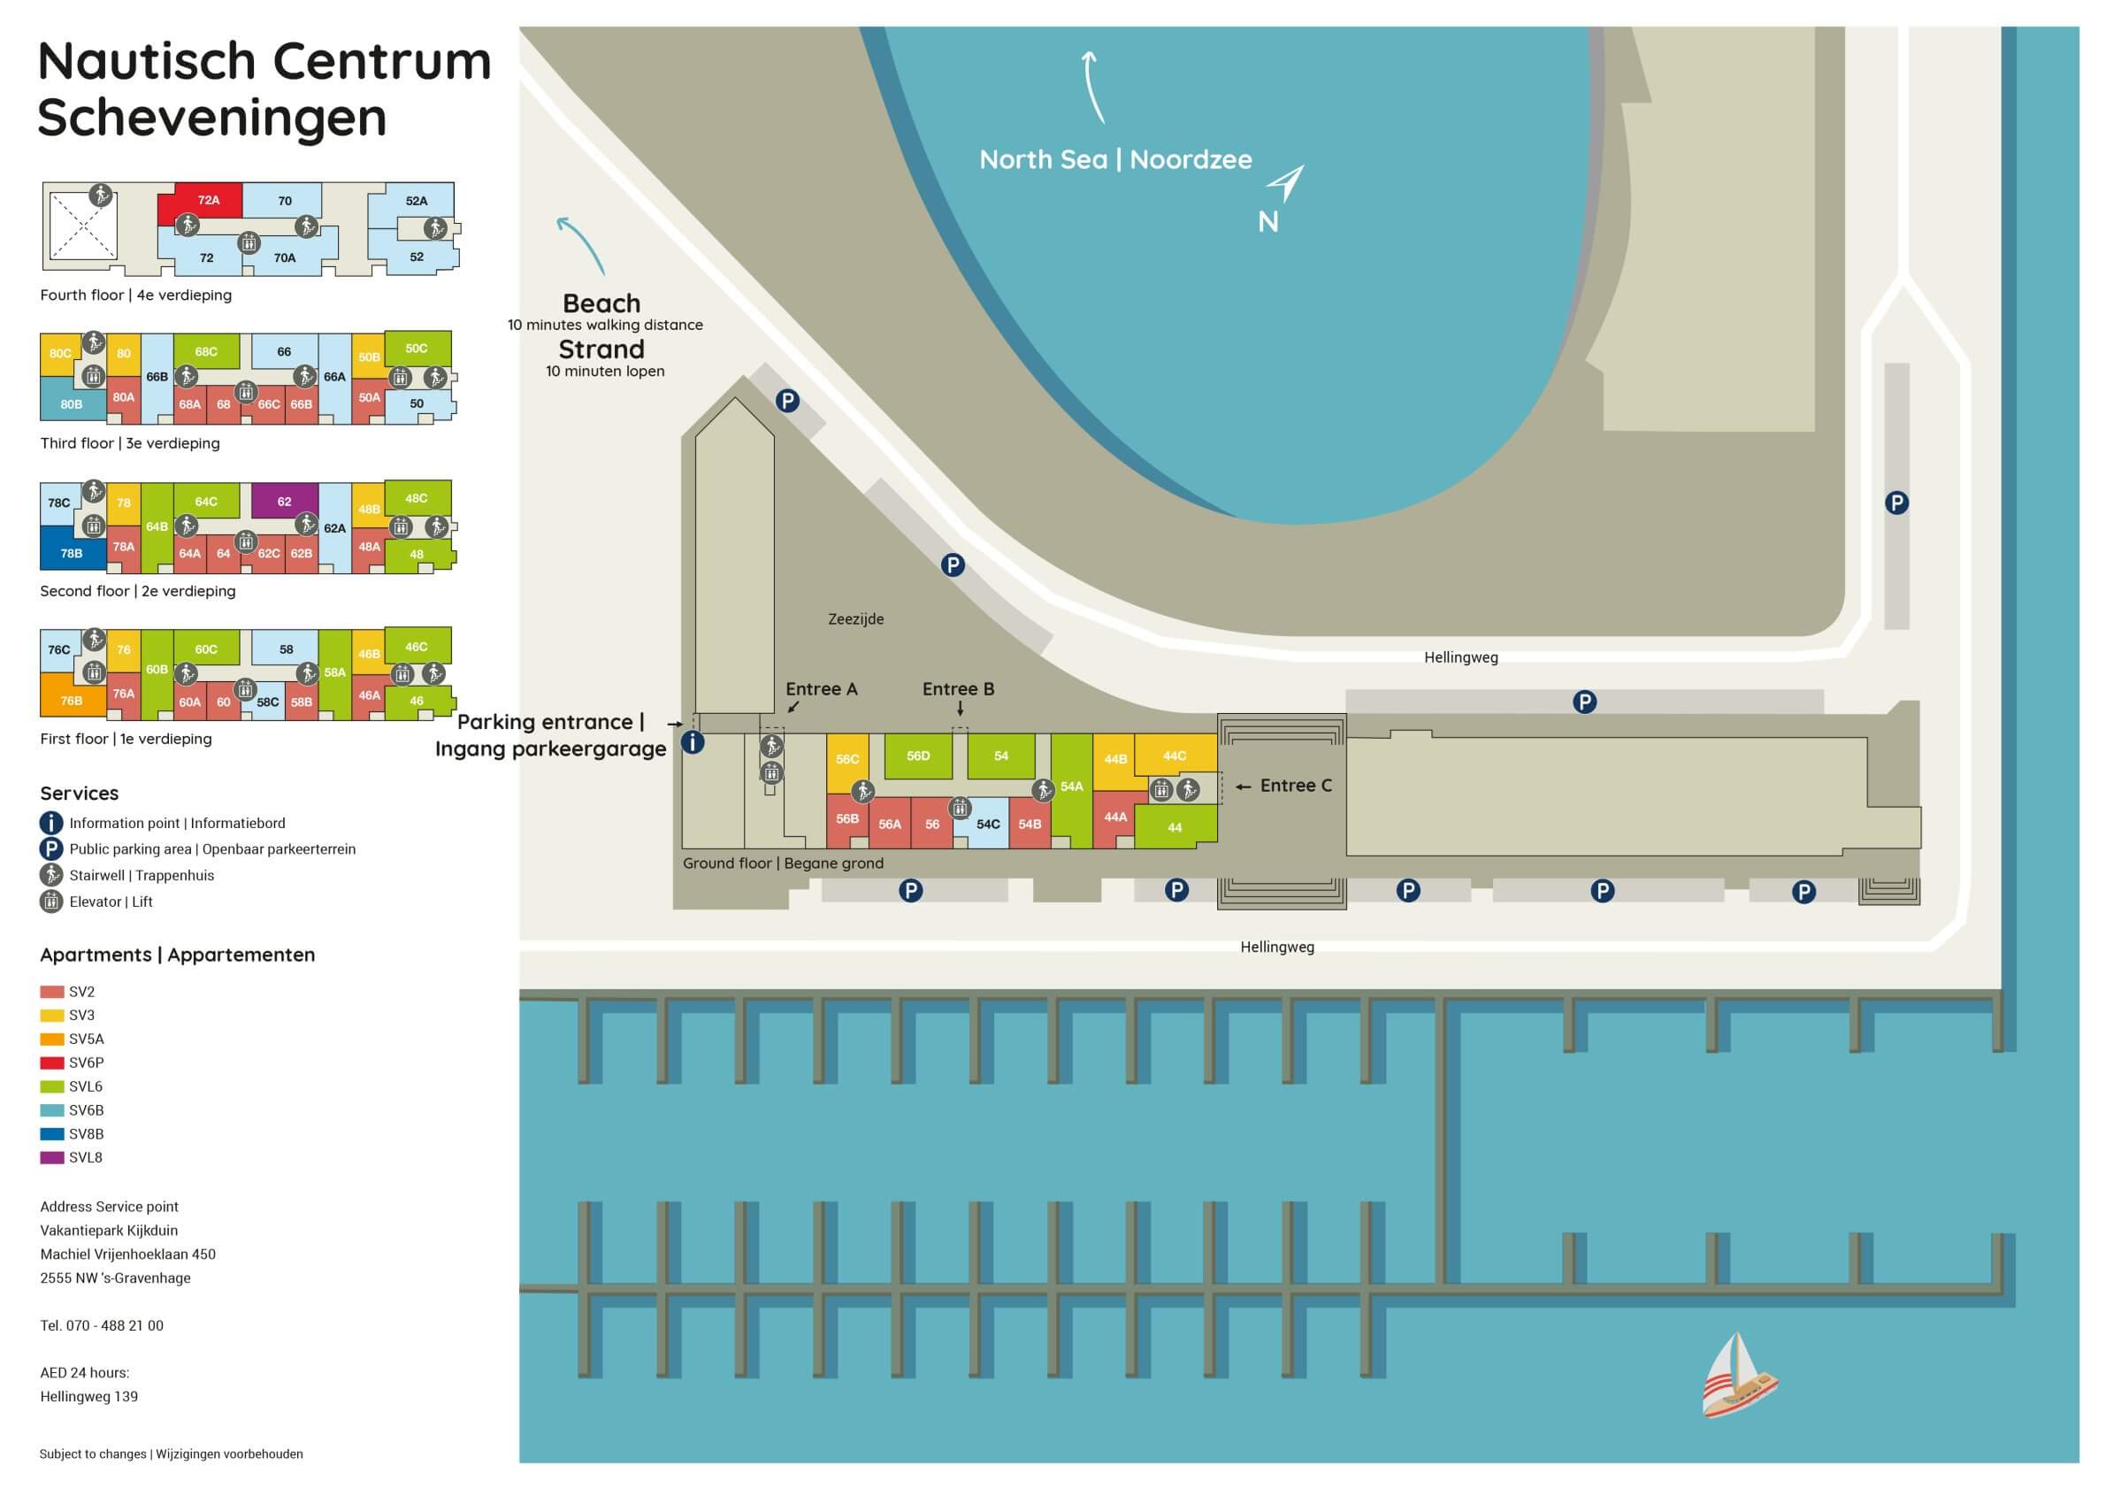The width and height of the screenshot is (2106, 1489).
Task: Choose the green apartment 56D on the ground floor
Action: click(x=918, y=756)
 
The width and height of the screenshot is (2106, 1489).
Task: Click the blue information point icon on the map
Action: click(x=693, y=742)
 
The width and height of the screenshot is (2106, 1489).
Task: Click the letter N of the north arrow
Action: click(x=1267, y=222)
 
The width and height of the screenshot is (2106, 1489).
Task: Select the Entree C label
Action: click(x=1295, y=786)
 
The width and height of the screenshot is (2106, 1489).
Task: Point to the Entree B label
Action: click(x=958, y=689)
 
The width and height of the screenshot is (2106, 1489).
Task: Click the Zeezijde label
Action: click(x=856, y=619)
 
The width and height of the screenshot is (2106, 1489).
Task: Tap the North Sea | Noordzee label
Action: click(x=1115, y=159)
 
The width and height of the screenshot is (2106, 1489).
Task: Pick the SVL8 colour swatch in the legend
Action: click(x=52, y=1158)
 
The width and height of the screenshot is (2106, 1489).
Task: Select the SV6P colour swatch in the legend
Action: click(x=52, y=1063)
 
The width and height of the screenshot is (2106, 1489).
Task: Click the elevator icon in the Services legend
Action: click(x=50, y=901)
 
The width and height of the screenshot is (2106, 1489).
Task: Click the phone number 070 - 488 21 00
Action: click(x=115, y=1325)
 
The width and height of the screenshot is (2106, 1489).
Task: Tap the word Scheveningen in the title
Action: click(x=212, y=119)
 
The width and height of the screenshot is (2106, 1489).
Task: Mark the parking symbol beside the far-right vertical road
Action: click(x=1897, y=503)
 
